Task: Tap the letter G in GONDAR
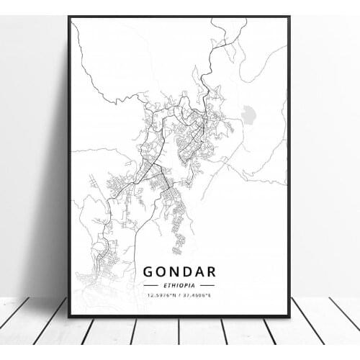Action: pyautogui.click(x=149, y=272)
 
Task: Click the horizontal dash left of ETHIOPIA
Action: pyautogui.click(x=153, y=285)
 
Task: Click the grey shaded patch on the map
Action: pyautogui.click(x=249, y=114)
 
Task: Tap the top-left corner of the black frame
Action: pyautogui.click(x=69, y=17)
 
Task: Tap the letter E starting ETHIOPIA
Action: pyautogui.click(x=166, y=285)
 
